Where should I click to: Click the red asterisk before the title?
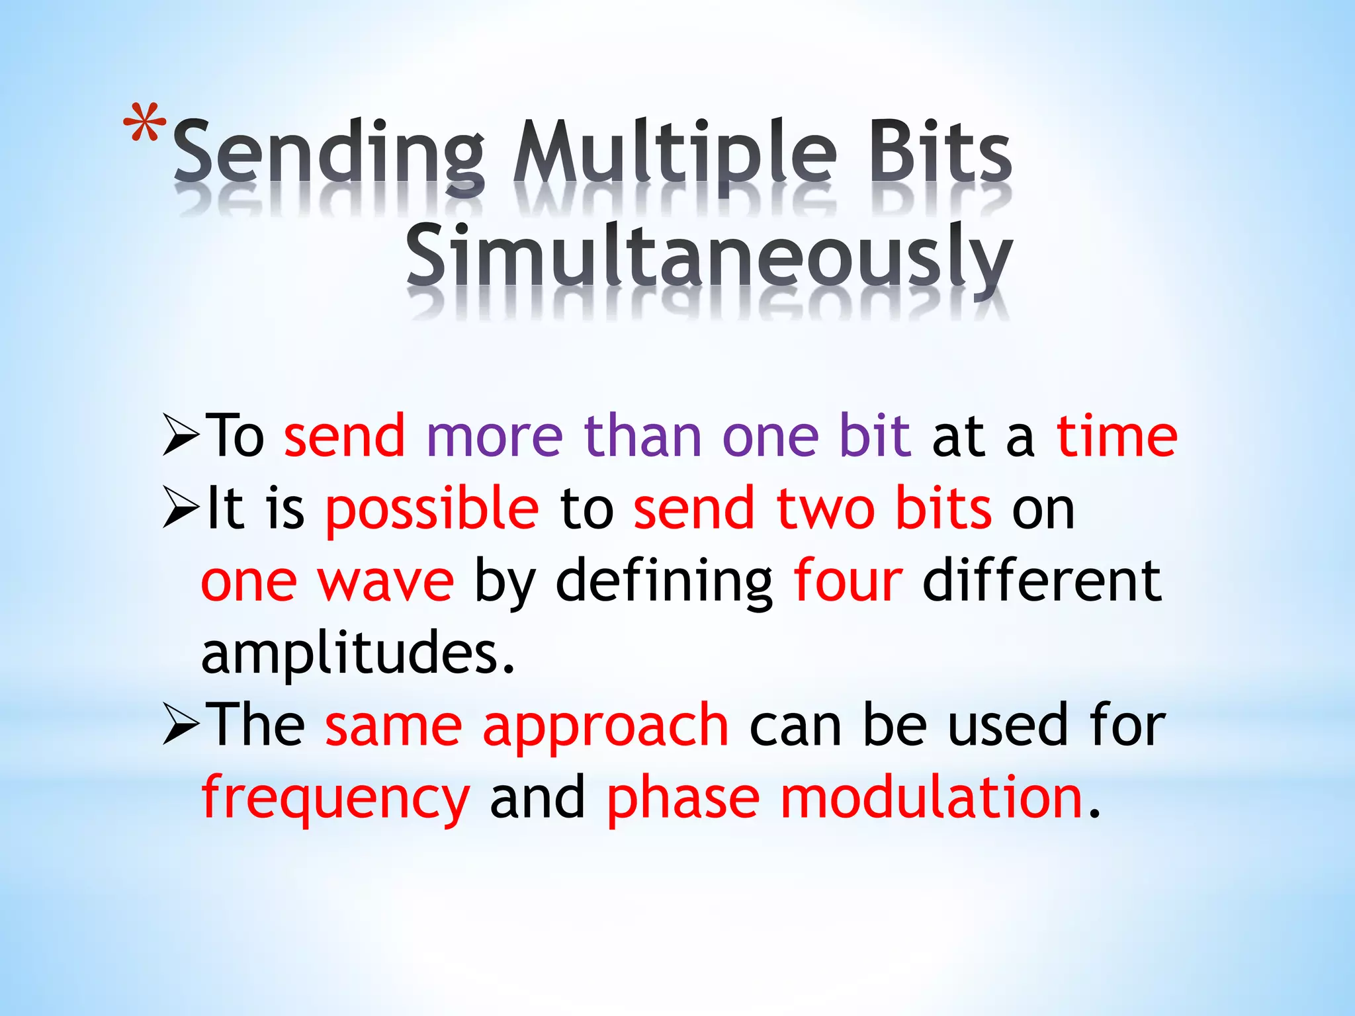(144, 124)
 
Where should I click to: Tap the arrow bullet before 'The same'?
(181, 726)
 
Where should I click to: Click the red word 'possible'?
(432, 509)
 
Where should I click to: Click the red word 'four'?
(848, 580)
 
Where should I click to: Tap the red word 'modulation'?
(931, 797)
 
